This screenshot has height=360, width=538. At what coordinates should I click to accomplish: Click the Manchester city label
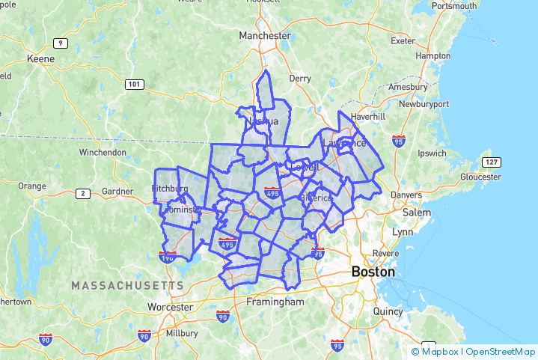[x=264, y=35]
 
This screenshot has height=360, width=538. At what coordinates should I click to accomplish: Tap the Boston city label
[x=373, y=272]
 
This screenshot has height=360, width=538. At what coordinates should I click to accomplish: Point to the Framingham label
[x=275, y=302]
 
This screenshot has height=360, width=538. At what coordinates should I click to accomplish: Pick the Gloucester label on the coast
[x=480, y=177]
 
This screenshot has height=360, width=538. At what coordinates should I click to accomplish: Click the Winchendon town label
[x=103, y=152]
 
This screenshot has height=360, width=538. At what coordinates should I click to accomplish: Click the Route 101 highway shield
[x=134, y=84]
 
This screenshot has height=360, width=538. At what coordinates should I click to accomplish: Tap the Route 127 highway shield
[x=491, y=162]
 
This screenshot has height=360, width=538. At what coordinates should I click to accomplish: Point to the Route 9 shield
[x=61, y=43]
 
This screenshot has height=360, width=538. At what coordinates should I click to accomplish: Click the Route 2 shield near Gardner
[x=83, y=194]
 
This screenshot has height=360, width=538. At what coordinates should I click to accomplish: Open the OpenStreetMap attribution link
[x=501, y=351]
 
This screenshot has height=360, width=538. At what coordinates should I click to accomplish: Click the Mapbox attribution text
[x=439, y=351]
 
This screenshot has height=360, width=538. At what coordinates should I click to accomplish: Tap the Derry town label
[x=300, y=78]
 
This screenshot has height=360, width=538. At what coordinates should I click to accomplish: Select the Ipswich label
[x=432, y=153]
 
